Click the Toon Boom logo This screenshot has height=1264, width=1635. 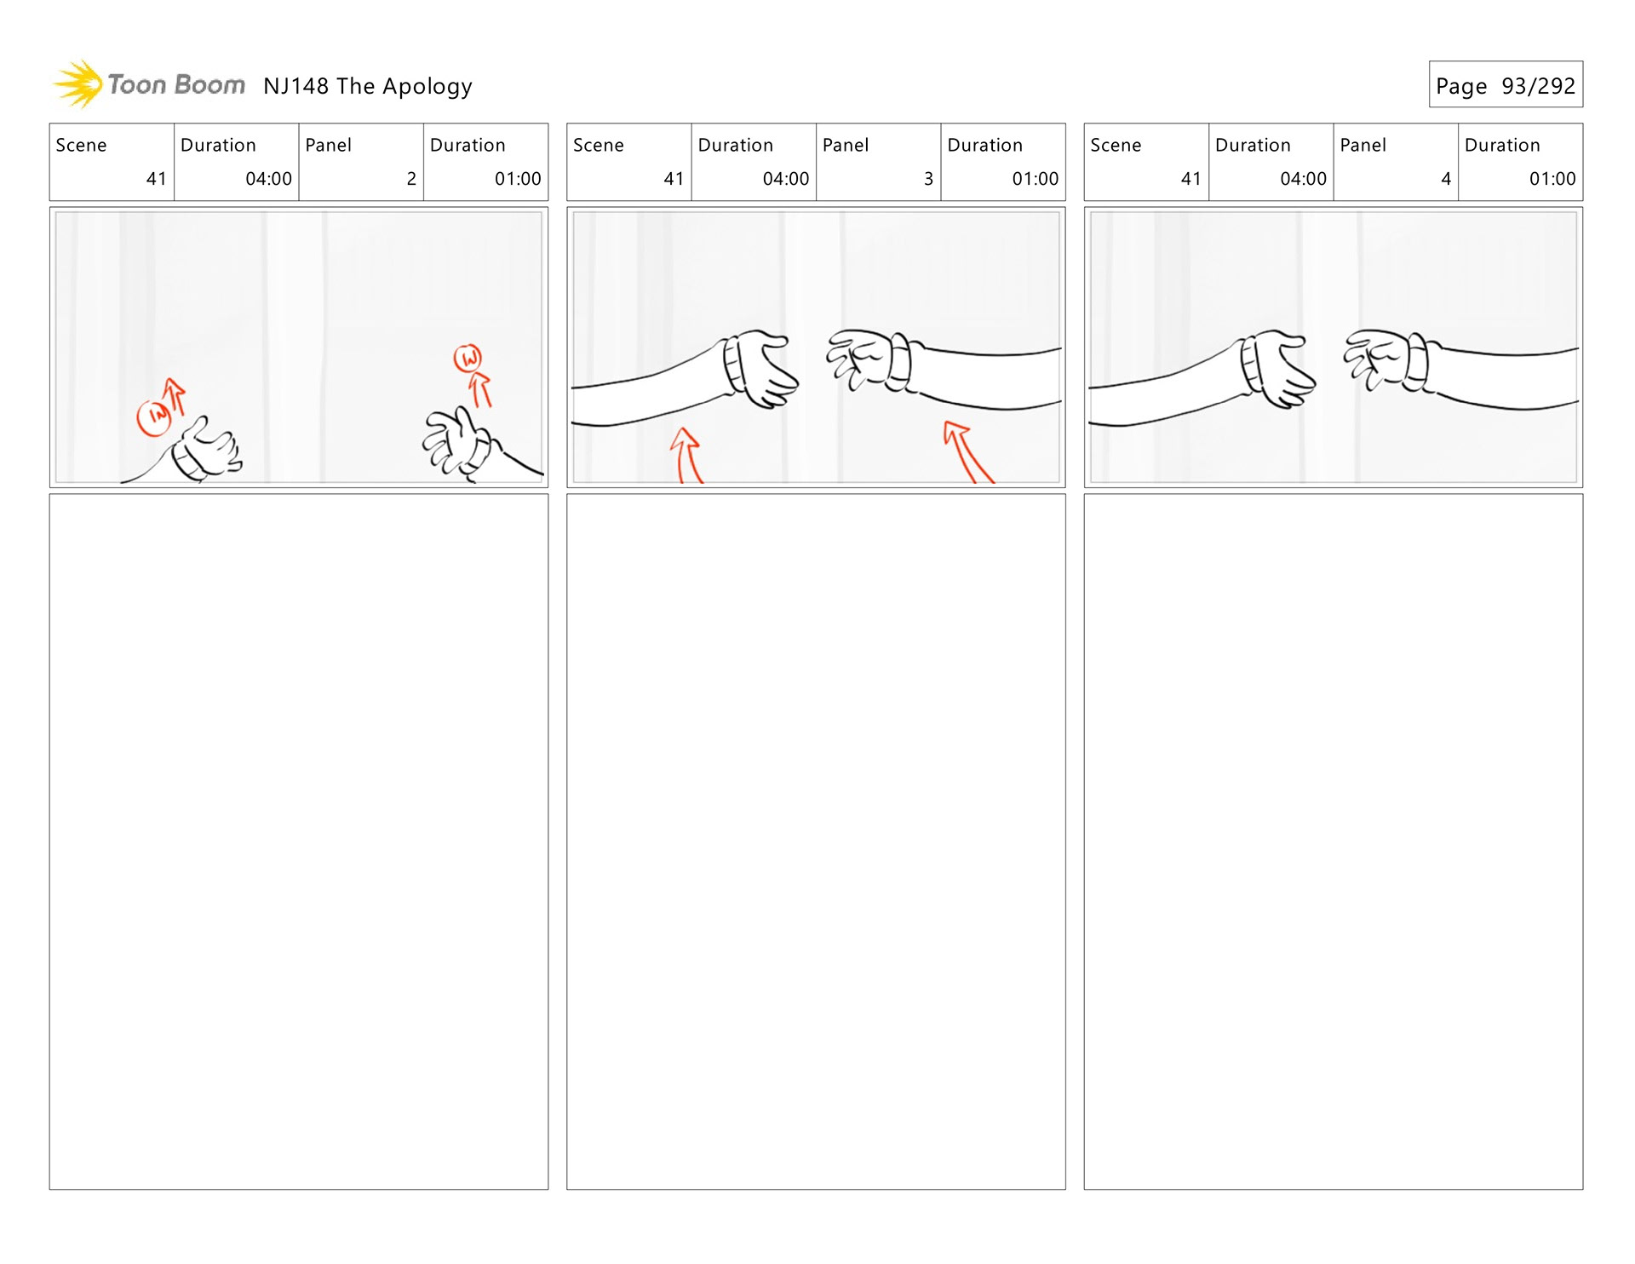[x=150, y=84]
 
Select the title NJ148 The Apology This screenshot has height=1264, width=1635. [x=367, y=86]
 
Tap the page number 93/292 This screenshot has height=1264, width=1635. [x=1538, y=86]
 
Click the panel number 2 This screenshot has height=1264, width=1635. [x=411, y=179]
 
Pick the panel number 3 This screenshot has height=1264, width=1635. [x=928, y=179]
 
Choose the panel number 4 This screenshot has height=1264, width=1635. [x=1445, y=179]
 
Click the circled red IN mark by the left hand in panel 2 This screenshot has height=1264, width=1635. [x=155, y=417]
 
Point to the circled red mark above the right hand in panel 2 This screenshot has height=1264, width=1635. [x=468, y=358]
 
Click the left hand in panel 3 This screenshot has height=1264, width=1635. [x=762, y=368]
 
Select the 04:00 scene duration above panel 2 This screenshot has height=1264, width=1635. [x=268, y=179]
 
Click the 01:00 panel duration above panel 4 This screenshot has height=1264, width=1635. [x=1552, y=179]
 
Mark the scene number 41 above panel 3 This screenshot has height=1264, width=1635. [x=674, y=179]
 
